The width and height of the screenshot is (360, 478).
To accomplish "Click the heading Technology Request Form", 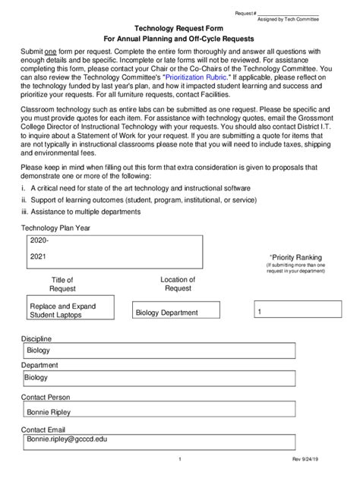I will coord(179,26).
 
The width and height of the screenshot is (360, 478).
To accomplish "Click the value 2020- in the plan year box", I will coord(39,240).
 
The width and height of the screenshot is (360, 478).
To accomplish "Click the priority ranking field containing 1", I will coord(296,311).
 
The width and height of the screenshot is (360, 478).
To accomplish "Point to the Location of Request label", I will coord(178,284).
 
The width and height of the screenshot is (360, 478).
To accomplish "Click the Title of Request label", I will coord(62,285).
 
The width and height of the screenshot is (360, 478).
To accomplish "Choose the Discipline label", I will coord(37,338).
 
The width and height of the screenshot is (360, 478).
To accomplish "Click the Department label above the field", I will coord(39,365).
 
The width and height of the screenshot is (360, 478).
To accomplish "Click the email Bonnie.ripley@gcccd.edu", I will coord(67,439).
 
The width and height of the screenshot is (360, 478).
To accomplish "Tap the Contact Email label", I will coord(45,429).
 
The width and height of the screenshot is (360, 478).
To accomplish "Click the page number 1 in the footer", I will coord(179,459).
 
